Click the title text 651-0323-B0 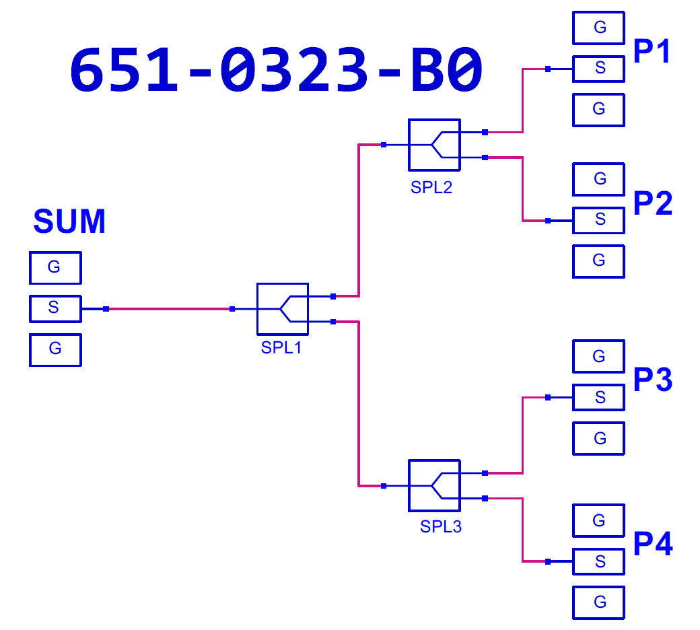[276, 70]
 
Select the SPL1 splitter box [282, 308]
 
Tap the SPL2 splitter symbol [434, 145]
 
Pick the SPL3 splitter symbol [434, 485]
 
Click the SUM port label [69, 221]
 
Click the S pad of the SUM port [55, 308]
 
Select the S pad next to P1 [599, 68]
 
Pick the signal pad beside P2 [599, 220]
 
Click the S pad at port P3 [599, 397]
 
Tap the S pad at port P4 [599, 561]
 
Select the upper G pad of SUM [55, 268]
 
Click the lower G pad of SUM [55, 350]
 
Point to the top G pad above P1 [599, 28]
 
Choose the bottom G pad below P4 [599, 602]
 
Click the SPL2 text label [431, 188]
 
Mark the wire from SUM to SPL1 [168, 309]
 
